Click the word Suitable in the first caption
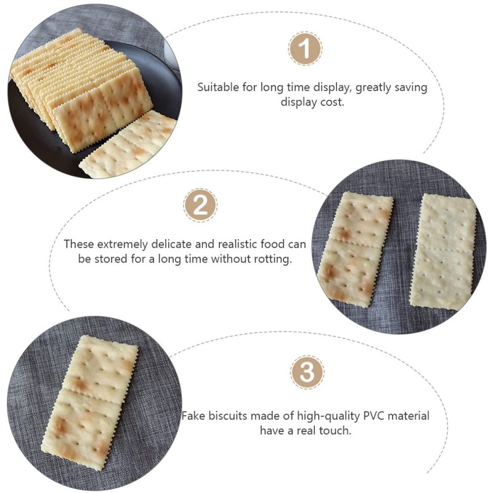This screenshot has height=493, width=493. [x=216, y=87]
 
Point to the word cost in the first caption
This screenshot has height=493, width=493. [x=332, y=102]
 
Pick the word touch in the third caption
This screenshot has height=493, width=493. [x=336, y=431]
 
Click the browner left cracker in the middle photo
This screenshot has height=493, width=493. [x=355, y=246]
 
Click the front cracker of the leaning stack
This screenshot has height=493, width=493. [x=102, y=113]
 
